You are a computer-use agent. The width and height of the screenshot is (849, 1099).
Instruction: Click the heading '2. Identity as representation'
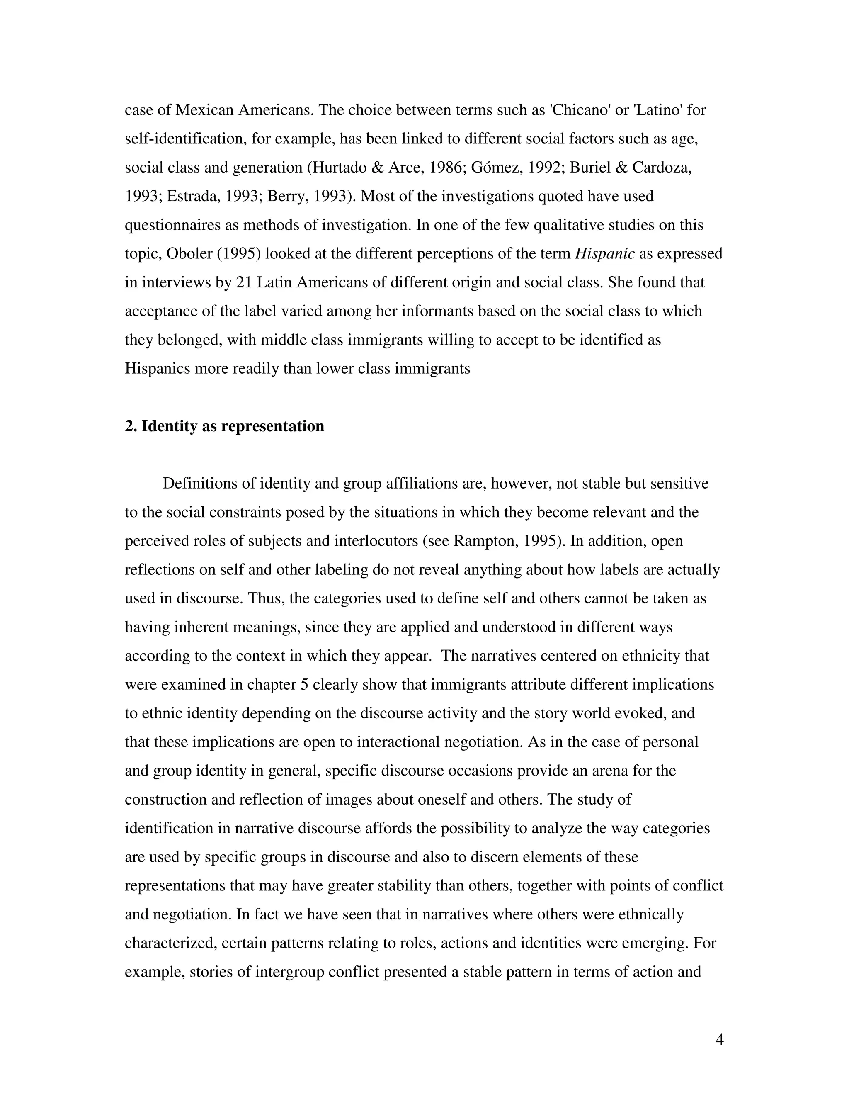coord(224,426)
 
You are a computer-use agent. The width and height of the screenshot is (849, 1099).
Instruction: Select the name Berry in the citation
coord(285,196)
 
